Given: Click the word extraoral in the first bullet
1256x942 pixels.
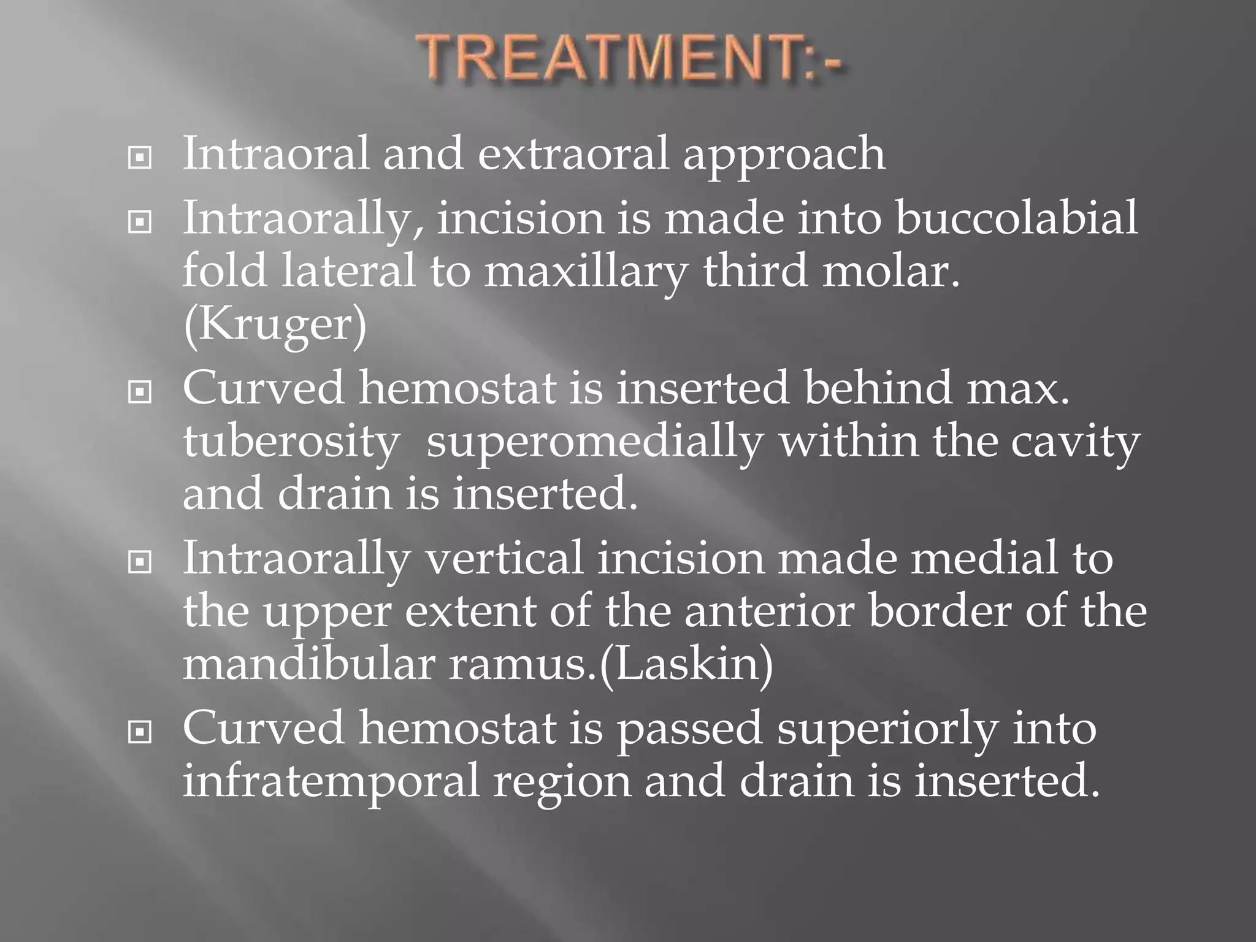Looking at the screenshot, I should click(573, 153).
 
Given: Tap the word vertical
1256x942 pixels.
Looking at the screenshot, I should click(504, 559).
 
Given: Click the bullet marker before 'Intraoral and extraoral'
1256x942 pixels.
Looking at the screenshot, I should click(140, 158).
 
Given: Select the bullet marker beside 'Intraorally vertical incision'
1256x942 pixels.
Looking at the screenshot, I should click(140, 561).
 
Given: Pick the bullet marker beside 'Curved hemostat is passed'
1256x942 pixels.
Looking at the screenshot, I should click(140, 732).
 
